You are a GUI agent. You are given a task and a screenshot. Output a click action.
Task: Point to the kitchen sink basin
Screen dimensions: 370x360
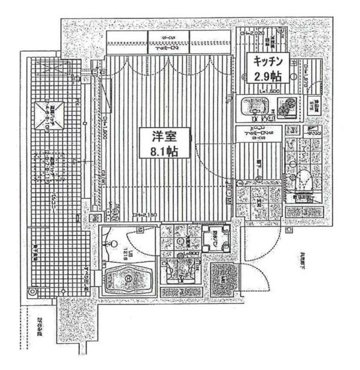255,107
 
